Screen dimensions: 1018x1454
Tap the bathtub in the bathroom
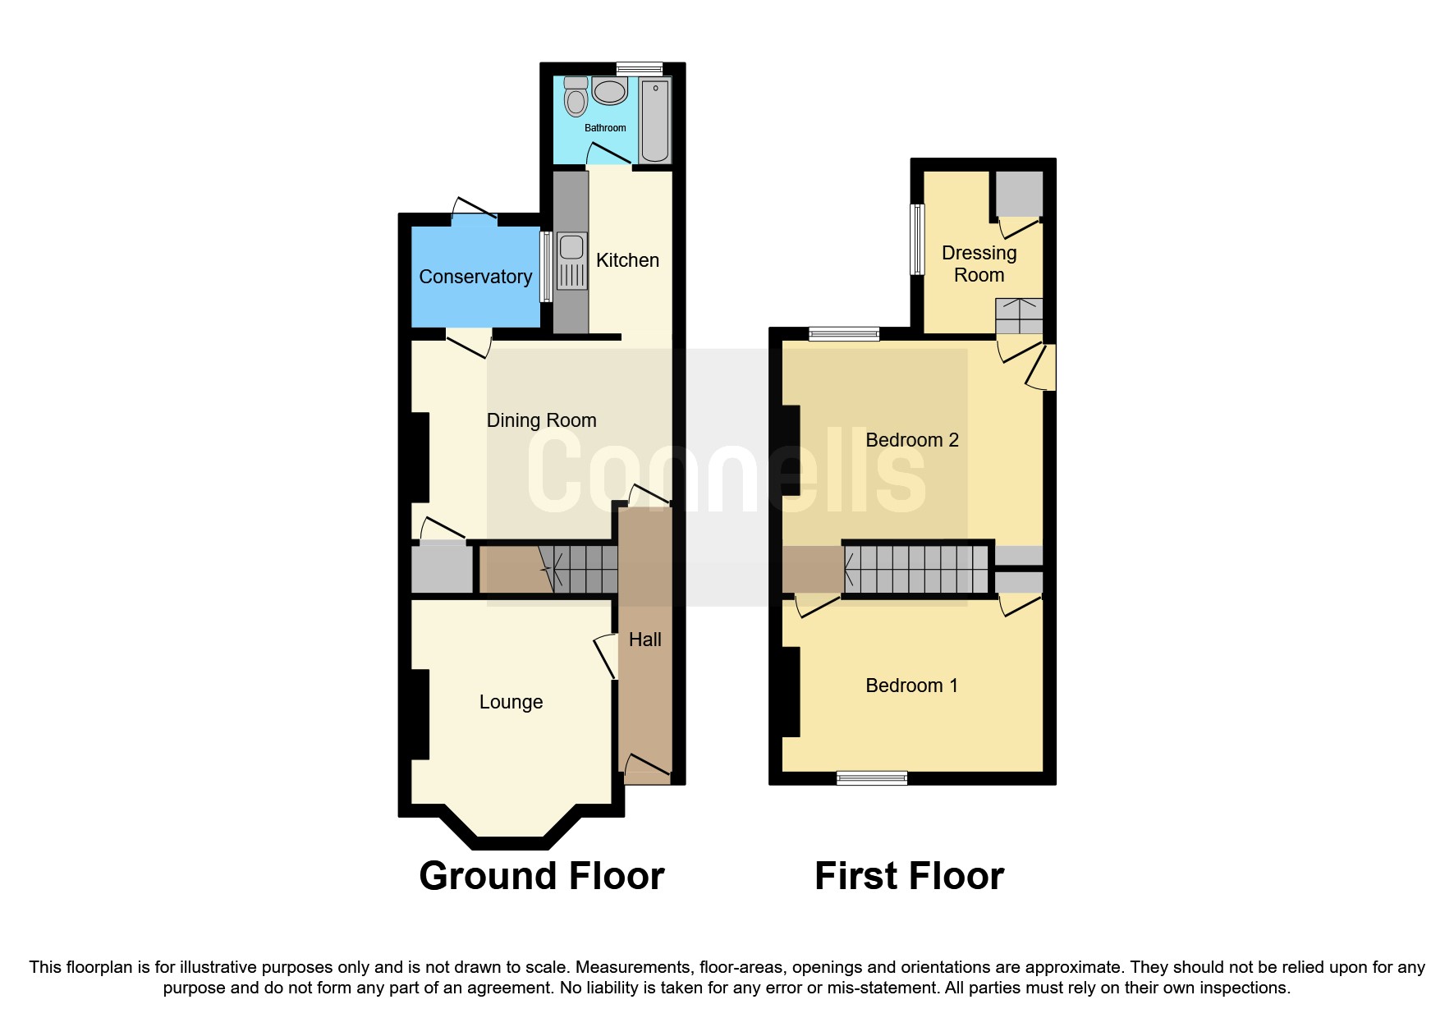654,120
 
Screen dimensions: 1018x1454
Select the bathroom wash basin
609,91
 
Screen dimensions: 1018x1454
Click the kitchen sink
571,260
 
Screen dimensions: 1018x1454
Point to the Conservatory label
475,277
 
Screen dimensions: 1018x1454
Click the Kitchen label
627,260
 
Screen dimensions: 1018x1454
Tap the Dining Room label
541,420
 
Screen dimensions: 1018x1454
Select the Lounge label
511,702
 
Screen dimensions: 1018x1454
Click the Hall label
644,640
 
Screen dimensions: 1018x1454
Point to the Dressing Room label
979,264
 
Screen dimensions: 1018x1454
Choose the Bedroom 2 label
911,440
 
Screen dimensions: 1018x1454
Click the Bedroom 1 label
911,686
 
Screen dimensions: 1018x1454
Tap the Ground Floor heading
541,876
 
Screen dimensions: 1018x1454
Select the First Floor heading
909,876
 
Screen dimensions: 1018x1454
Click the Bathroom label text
605,128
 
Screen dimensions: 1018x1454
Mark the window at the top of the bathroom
639,69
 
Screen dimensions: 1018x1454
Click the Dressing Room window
918,239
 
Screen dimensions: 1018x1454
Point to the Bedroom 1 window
872,777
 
